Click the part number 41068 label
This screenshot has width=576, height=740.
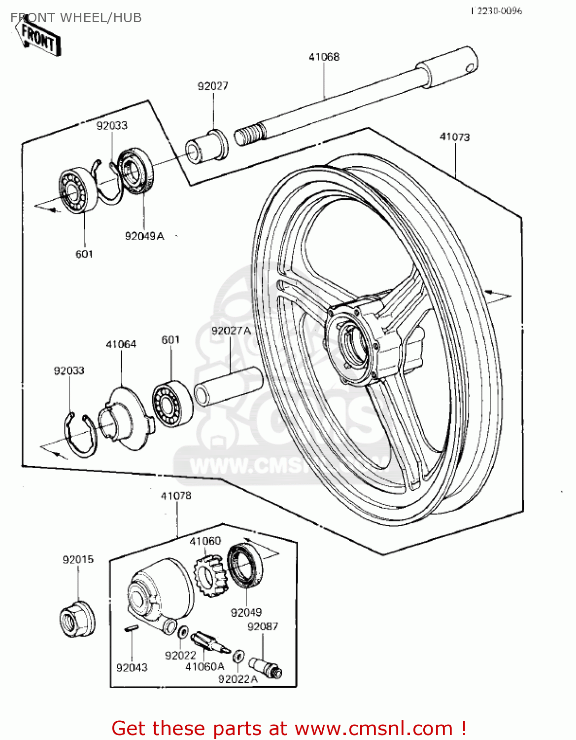pyautogui.click(x=324, y=57)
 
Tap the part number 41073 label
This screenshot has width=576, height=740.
pyautogui.click(x=454, y=137)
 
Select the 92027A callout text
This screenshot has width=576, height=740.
pyautogui.click(x=231, y=331)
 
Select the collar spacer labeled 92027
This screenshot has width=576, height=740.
pyautogui.click(x=207, y=146)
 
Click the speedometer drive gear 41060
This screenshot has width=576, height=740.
pyautogui.click(x=210, y=574)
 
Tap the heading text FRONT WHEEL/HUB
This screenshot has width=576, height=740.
pyautogui.click(x=76, y=18)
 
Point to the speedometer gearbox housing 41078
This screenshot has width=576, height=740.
pyautogui.click(x=158, y=592)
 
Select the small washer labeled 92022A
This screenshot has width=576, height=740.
pyautogui.click(x=238, y=656)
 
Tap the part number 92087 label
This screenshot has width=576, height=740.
pyautogui.click(x=262, y=627)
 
